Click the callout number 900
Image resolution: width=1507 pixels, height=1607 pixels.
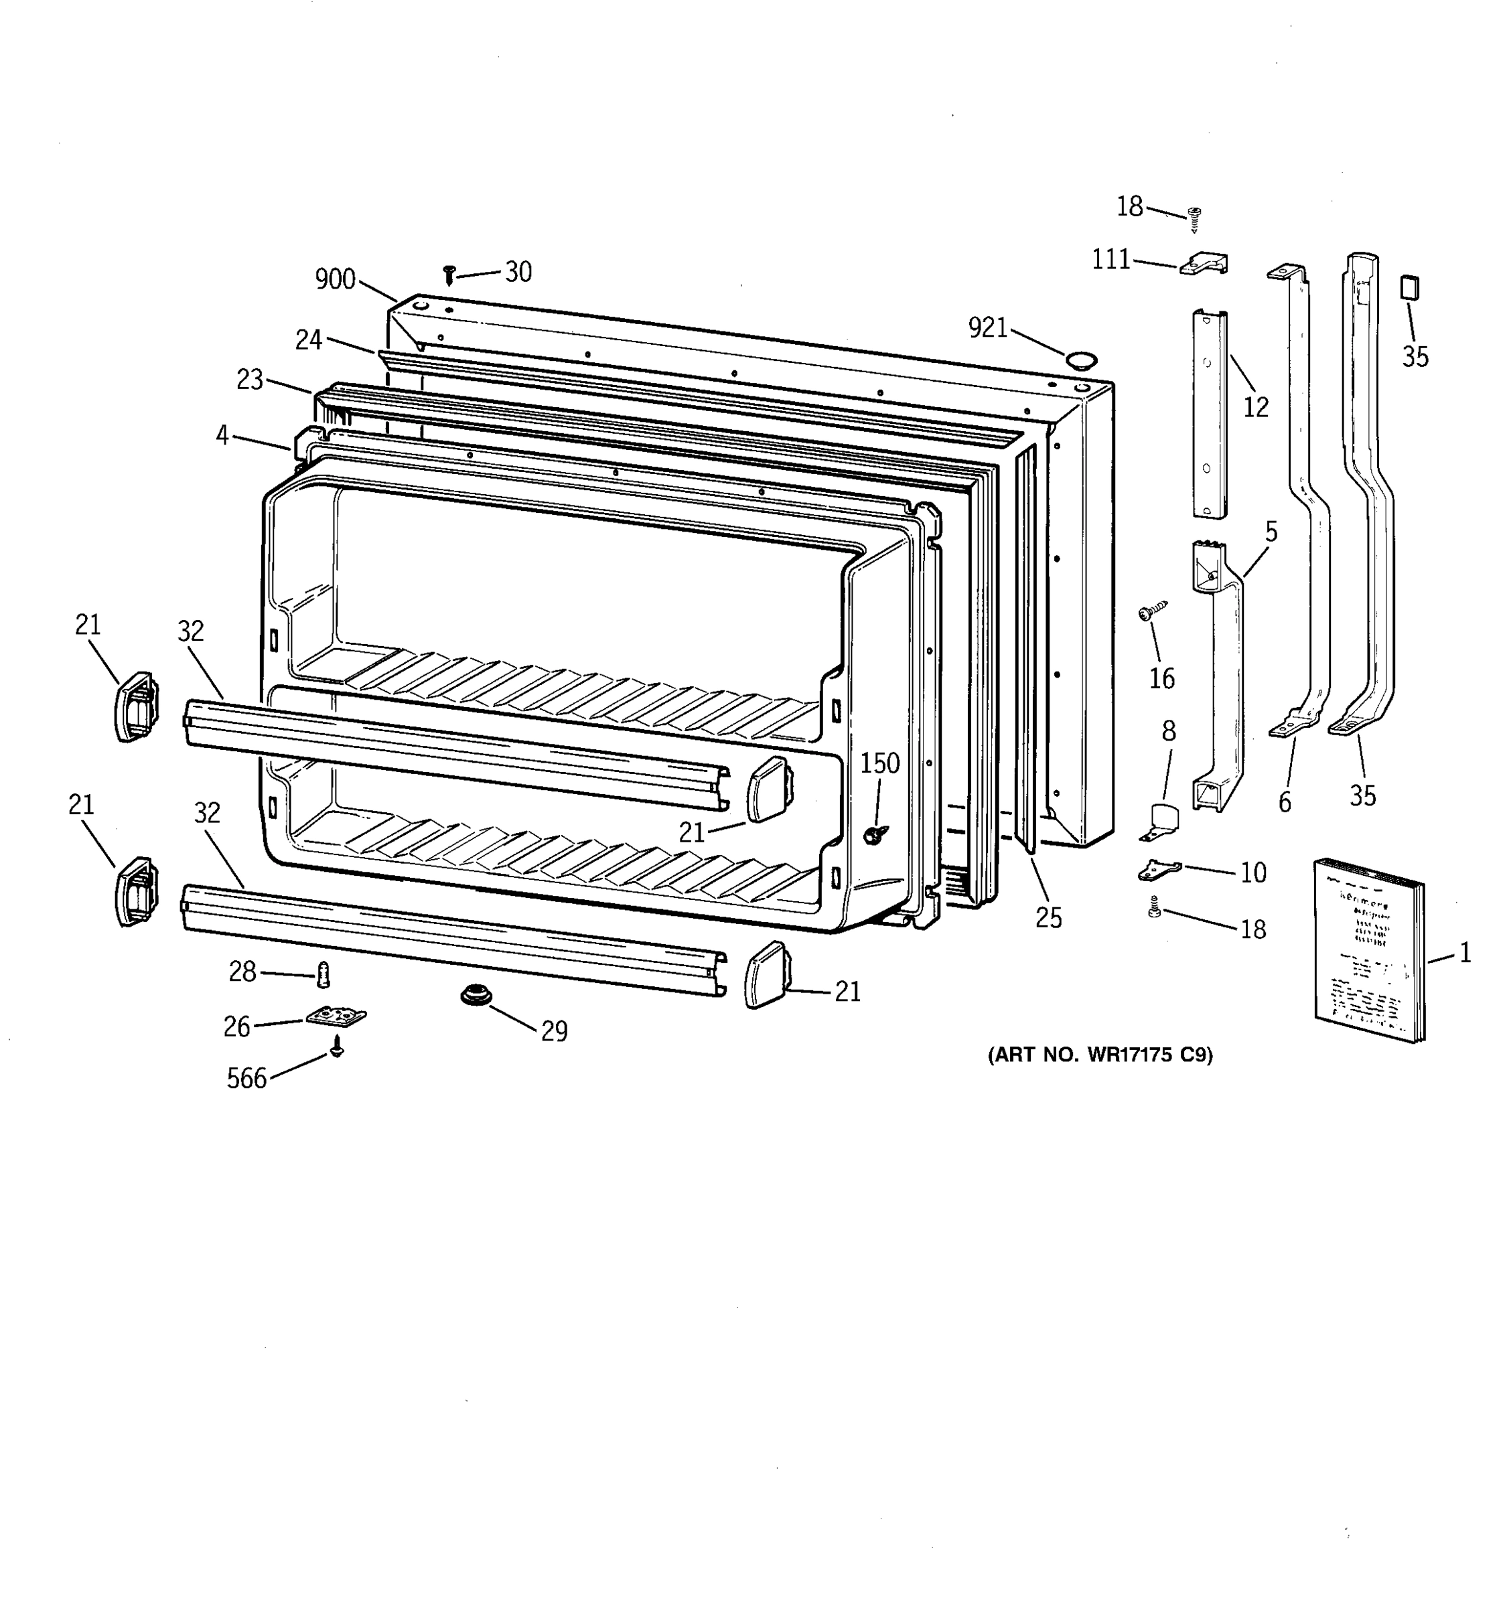[335, 280]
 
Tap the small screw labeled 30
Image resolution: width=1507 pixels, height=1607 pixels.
[449, 273]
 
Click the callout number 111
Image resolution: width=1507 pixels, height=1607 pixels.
[1111, 260]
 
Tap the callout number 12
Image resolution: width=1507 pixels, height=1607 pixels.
[1256, 406]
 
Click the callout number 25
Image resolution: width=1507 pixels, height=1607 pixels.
[1049, 917]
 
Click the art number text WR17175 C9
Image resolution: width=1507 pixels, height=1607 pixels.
[1100, 1055]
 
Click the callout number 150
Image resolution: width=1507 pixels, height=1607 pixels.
[879, 763]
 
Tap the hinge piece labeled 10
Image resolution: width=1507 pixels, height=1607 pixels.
[1159, 870]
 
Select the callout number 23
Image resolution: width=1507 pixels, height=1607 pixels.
[250, 379]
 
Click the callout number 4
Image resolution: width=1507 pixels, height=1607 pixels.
[222, 435]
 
